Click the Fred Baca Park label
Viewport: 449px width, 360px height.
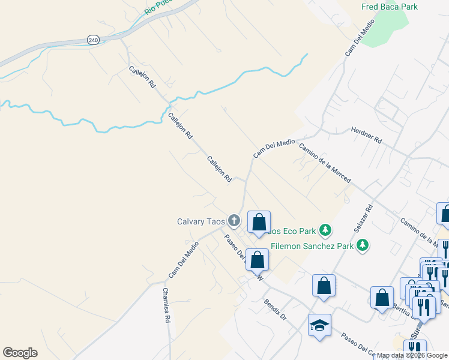point(390,7)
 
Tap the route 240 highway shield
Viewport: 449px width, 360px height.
point(92,40)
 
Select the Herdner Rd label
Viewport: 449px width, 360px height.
point(366,134)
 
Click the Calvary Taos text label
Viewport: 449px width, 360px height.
point(201,221)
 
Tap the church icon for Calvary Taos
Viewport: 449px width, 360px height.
point(234,221)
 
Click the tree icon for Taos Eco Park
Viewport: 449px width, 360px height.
point(325,230)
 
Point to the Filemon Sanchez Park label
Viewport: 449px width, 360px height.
point(311,245)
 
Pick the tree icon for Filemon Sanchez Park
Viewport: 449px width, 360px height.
point(362,245)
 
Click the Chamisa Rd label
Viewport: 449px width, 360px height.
point(166,306)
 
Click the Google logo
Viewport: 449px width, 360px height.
point(20,353)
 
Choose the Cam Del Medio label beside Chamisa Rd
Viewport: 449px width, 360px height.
point(184,259)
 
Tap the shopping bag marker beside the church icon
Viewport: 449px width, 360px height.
point(259,223)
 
